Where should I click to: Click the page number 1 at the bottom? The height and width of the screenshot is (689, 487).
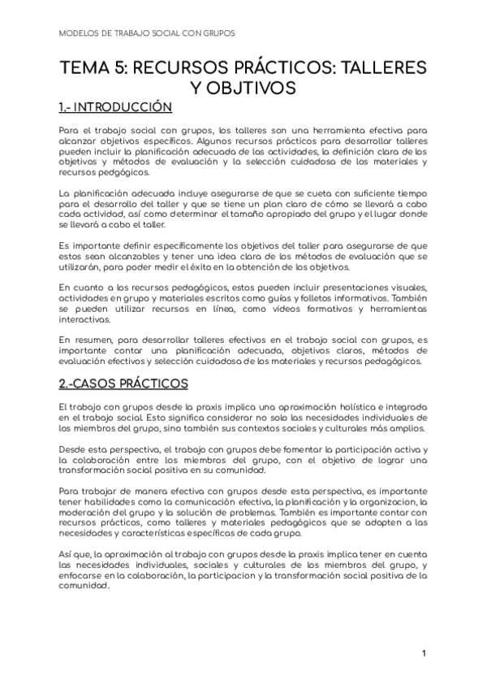click(425, 652)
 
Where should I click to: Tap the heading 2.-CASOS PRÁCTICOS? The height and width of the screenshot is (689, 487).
click(123, 383)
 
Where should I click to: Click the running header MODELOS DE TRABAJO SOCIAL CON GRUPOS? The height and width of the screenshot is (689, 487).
click(148, 33)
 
